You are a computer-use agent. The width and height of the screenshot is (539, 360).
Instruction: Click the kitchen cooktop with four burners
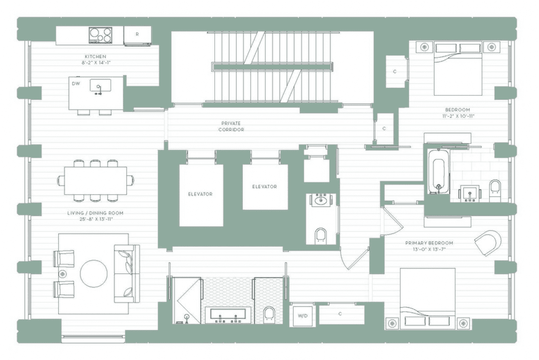point(100,35)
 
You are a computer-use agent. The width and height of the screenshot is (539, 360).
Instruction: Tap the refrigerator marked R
point(137,36)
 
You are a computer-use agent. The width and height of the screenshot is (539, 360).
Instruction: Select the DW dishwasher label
point(76,84)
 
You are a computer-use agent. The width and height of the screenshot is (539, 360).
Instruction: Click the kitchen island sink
point(100,86)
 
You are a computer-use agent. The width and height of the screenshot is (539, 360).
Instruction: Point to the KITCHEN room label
point(96,57)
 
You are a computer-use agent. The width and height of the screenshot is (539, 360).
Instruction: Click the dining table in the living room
point(96,181)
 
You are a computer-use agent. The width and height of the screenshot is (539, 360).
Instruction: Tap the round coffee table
point(93,274)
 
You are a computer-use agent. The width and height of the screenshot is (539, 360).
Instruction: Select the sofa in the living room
point(127,274)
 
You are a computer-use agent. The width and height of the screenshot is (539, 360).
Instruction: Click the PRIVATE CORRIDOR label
point(231,126)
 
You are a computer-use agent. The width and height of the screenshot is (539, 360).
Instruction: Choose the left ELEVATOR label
point(200,194)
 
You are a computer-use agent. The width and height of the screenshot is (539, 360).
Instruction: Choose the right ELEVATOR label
point(265,187)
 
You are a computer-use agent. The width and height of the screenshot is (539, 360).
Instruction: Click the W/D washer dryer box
point(302,316)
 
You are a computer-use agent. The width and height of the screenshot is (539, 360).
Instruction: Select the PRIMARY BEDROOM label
point(429,243)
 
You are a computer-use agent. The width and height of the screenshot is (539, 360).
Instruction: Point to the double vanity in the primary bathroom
point(228,315)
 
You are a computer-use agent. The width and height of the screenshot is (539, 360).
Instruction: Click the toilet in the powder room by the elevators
point(321,236)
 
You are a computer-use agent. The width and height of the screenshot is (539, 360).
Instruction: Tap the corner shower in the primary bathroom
point(187,301)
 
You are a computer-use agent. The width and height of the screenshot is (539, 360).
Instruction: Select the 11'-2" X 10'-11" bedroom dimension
point(458,116)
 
